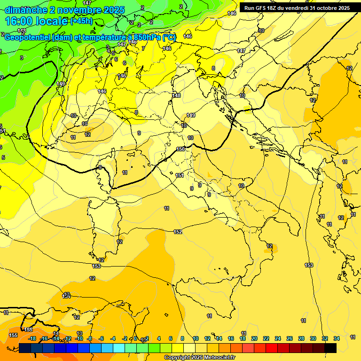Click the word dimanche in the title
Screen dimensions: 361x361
[x=25, y=10]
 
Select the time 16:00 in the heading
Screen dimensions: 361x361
[x=20, y=21]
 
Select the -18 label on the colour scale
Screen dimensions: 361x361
[x=32, y=338]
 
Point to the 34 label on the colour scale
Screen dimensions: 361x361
[x=337, y=338]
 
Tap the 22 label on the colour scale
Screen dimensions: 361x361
[x=266, y=338]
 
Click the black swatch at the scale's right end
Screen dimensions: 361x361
[x=330, y=348]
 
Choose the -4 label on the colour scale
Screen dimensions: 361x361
[x=113, y=338]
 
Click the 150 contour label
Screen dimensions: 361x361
[x=180, y=149]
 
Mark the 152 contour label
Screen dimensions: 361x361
[x=178, y=232]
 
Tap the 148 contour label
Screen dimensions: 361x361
[x=177, y=95]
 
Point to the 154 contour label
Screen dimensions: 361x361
[x=67, y=297]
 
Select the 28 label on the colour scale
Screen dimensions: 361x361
[x=301, y=338]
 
